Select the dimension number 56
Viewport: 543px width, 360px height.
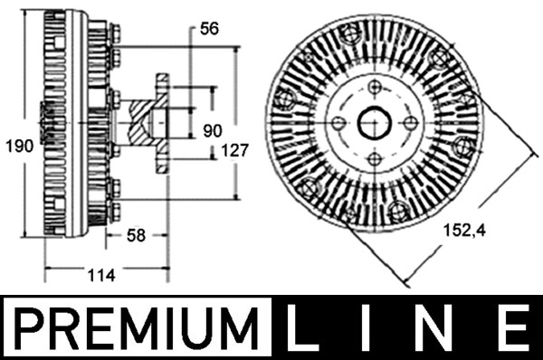[209, 29]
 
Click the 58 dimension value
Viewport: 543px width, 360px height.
[136, 236]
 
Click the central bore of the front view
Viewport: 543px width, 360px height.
[374, 123]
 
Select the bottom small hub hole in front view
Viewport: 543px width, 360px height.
[374, 159]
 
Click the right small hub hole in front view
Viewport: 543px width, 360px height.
[410, 123]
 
